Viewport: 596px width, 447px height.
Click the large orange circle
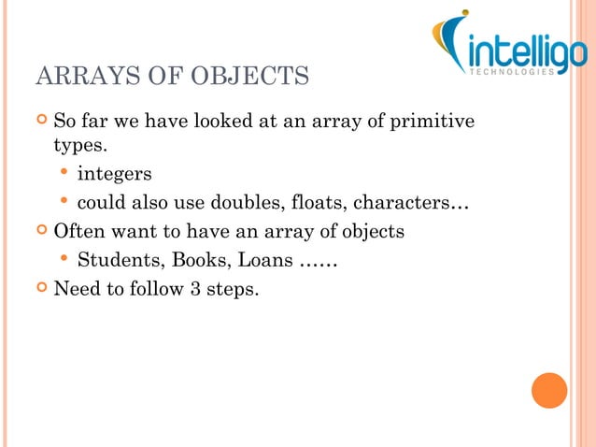[549, 390]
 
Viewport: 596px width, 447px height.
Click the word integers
[114, 175]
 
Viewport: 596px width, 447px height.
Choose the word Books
[193, 259]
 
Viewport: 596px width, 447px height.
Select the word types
[78, 148]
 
